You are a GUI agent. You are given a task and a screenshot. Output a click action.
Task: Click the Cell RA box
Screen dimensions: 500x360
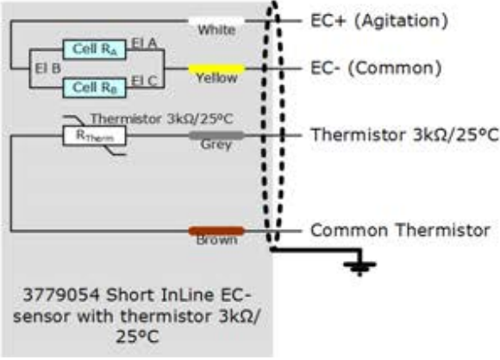tap(94, 49)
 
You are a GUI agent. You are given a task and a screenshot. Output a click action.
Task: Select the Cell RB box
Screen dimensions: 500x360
tap(94, 88)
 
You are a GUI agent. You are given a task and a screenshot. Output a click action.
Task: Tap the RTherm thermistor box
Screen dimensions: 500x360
tap(94, 136)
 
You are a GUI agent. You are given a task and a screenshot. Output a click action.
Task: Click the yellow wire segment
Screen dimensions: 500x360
tap(216, 69)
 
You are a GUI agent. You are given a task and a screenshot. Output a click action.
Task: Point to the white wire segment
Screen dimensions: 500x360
tap(216, 21)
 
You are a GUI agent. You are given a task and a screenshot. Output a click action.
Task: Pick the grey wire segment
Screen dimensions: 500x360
tap(216, 135)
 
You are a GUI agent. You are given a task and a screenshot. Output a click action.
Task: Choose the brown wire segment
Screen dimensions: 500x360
tap(216, 231)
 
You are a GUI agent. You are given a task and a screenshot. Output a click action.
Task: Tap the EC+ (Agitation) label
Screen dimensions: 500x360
tap(379, 21)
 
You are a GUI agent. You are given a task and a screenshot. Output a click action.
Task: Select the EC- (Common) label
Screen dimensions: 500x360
tap(376, 69)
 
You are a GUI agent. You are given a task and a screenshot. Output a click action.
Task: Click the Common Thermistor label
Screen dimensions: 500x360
tap(400, 230)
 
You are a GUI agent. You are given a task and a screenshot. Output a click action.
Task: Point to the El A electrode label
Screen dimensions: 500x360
tap(144, 43)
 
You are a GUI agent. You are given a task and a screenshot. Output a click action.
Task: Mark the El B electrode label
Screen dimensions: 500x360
tap(47, 68)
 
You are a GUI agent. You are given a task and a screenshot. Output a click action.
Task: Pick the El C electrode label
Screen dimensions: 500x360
tap(144, 81)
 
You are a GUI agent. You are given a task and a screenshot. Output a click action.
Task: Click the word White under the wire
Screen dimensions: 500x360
tap(216, 30)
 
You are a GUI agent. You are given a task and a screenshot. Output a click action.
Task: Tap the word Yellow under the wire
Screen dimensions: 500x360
tap(216, 78)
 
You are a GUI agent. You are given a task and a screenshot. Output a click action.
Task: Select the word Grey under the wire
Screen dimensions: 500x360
tap(216, 145)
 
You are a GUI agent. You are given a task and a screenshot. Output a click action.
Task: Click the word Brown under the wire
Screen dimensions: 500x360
tap(216, 240)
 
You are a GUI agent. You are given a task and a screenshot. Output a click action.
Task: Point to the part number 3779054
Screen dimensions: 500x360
tap(61, 295)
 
